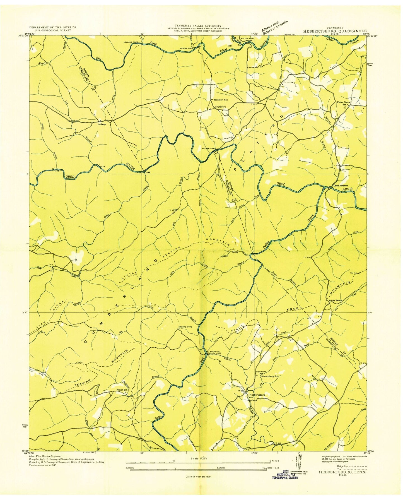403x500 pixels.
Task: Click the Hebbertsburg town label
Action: [x=257, y=395]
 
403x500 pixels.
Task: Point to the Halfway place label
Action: [x=102, y=124]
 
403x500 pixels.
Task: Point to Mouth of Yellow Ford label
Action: [x=214, y=352]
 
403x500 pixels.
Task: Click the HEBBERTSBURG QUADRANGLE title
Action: [x=335, y=32]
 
